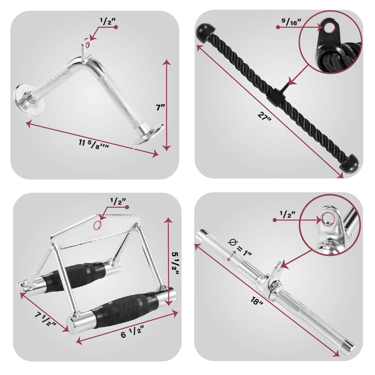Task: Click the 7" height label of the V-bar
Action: coord(160,107)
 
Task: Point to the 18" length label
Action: coord(257,301)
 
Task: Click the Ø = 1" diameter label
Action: coord(240,248)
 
